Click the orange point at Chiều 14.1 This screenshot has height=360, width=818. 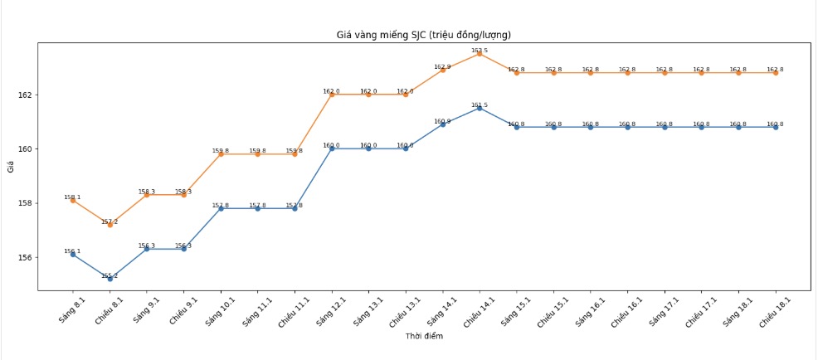480,54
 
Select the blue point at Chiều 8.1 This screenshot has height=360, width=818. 110,279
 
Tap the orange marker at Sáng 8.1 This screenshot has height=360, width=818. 73,200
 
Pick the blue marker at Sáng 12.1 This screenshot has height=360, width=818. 332,149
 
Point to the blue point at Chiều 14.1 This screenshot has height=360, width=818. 480,108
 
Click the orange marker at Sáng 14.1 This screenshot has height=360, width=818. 442,70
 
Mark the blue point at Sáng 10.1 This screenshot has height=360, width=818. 221,208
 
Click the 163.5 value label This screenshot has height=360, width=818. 480,51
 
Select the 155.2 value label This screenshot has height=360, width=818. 110,275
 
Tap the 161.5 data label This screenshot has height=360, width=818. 480,105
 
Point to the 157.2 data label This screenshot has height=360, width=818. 110,221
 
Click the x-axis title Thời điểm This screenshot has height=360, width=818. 423,336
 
